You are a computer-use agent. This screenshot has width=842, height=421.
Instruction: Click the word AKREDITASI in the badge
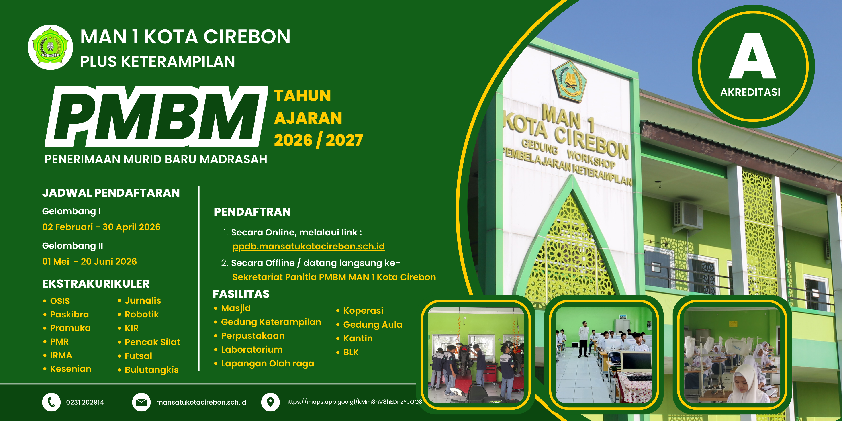pos(750,92)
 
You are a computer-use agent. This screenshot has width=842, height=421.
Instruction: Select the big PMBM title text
pos(156,117)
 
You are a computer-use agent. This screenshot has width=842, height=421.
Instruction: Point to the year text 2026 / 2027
pos(318,140)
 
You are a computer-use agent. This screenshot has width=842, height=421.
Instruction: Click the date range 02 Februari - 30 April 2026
pos(101,227)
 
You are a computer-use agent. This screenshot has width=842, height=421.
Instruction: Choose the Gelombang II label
pos(73,246)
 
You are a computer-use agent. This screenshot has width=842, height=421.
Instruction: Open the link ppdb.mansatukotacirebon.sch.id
pos(309,246)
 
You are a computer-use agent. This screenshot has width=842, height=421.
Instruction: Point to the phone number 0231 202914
pos(85,402)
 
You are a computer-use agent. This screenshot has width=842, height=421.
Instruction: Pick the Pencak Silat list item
pos(152,342)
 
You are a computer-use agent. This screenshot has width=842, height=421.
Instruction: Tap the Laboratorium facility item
pos(252,350)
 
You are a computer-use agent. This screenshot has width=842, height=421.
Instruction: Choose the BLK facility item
pos(351,352)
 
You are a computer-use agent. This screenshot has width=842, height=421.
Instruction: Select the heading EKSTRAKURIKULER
pos(96,284)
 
